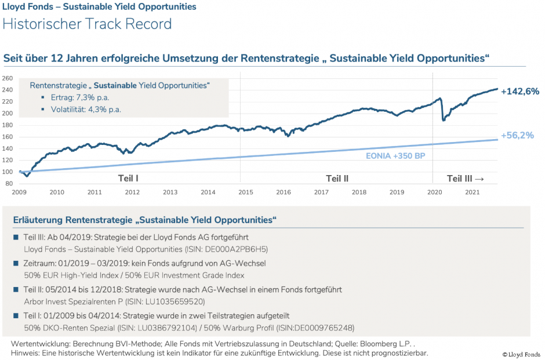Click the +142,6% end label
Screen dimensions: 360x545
pos(520,91)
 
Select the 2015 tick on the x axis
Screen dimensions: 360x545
pos(245,192)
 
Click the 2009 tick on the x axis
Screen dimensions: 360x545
pos(19,192)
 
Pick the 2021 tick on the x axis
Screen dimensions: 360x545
pos(472,192)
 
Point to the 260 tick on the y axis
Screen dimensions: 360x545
pos(7,78)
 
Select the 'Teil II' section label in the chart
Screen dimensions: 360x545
pos(337,178)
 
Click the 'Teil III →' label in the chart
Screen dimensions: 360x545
pos(466,178)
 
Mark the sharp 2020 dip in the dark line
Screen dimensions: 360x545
pos(444,119)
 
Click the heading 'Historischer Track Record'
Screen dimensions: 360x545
pos(88,24)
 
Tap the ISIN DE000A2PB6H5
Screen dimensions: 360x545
pos(234,249)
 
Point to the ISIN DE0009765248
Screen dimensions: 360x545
pos(321,327)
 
